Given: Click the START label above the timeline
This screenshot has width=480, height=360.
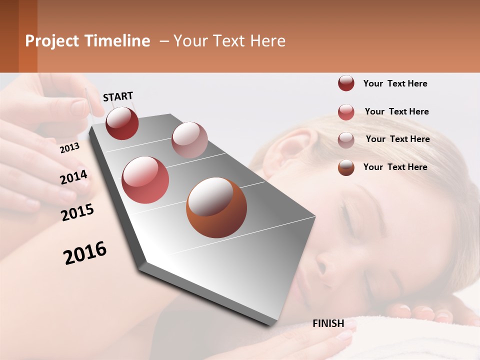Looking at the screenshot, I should click(118, 96).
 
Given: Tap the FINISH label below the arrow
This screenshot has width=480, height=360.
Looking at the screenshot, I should click(328, 323).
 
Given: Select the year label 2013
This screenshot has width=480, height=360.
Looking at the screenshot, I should click(69, 148).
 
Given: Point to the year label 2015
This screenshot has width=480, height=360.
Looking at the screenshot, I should click(77, 212).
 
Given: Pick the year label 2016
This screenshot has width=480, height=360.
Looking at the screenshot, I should click(85, 253).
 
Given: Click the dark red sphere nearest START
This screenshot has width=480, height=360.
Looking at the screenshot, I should click(122, 123).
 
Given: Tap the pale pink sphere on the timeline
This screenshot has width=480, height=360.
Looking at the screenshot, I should click(189, 140).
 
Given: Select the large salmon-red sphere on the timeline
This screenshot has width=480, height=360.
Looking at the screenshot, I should click(145, 180).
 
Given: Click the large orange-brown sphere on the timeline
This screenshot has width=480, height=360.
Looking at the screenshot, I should click(216, 207).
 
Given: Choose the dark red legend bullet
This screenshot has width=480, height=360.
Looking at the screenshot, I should click(346, 83).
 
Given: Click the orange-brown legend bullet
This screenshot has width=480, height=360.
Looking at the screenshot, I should click(346, 167).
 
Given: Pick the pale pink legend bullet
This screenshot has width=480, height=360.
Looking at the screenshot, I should click(346, 140).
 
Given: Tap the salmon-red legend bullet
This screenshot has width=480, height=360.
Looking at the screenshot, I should click(346, 112).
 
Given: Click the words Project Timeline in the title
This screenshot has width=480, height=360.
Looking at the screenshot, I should click(87, 41).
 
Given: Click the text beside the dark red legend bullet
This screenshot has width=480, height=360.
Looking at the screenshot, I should click(395, 83).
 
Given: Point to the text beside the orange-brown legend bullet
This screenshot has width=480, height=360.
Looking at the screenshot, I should click(395, 167).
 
